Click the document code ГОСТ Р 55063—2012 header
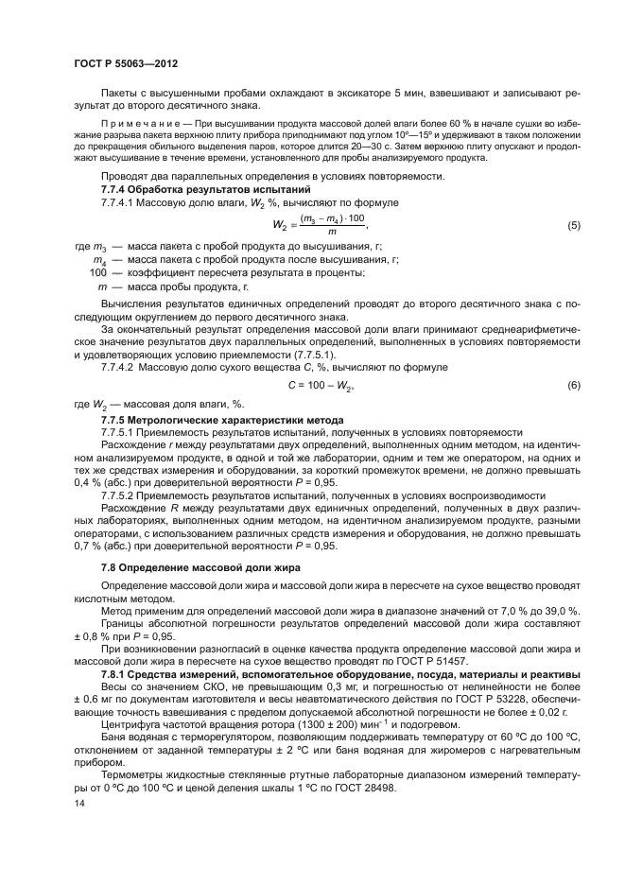pyautogui.click(x=126, y=63)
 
